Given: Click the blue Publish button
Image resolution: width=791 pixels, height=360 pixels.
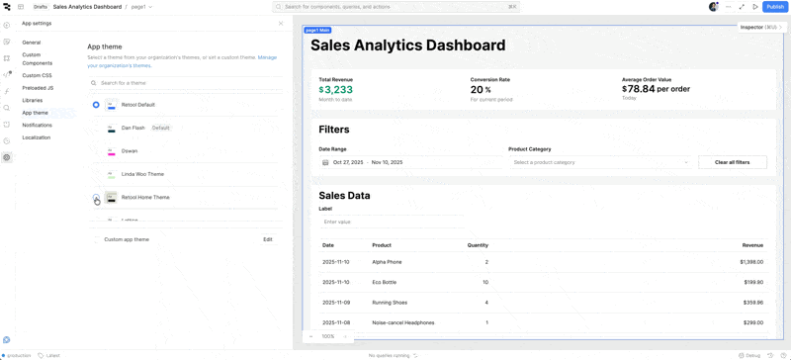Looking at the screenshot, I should (x=775, y=7).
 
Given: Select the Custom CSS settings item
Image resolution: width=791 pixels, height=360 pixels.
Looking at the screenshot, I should (x=37, y=75).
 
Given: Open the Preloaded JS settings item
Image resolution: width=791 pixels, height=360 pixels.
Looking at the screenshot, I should (x=38, y=88).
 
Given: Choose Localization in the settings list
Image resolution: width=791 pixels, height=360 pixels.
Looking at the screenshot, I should (x=36, y=137).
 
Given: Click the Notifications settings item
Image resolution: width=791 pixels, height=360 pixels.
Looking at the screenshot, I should (x=37, y=126).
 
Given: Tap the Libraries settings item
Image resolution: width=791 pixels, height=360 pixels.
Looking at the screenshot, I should (x=32, y=100).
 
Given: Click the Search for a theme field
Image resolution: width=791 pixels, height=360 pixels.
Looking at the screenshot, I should (x=188, y=83).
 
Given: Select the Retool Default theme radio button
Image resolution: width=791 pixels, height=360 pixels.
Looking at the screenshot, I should (x=96, y=105).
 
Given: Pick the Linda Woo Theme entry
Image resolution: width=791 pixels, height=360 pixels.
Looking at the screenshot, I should (x=142, y=174).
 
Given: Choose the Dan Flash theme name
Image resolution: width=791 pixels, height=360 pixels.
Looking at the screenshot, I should (x=132, y=128).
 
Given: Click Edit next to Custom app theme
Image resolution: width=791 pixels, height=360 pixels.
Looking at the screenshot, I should (x=267, y=239).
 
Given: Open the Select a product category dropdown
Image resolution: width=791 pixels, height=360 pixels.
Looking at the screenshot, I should (x=600, y=162).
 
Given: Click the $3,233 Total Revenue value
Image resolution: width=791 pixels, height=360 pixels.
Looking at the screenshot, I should (x=335, y=89).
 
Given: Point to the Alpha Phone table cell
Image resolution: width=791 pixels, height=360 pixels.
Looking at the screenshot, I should (x=387, y=262).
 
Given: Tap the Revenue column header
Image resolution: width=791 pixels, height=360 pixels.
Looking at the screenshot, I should (x=752, y=245).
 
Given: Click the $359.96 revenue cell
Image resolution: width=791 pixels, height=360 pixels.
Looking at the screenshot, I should (x=751, y=303).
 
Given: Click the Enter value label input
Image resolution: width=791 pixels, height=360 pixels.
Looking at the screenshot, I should (x=391, y=222).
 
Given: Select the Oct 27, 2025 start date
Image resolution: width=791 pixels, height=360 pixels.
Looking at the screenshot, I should (x=348, y=162).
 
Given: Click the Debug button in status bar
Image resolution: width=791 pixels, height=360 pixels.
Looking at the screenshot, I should (x=749, y=355).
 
